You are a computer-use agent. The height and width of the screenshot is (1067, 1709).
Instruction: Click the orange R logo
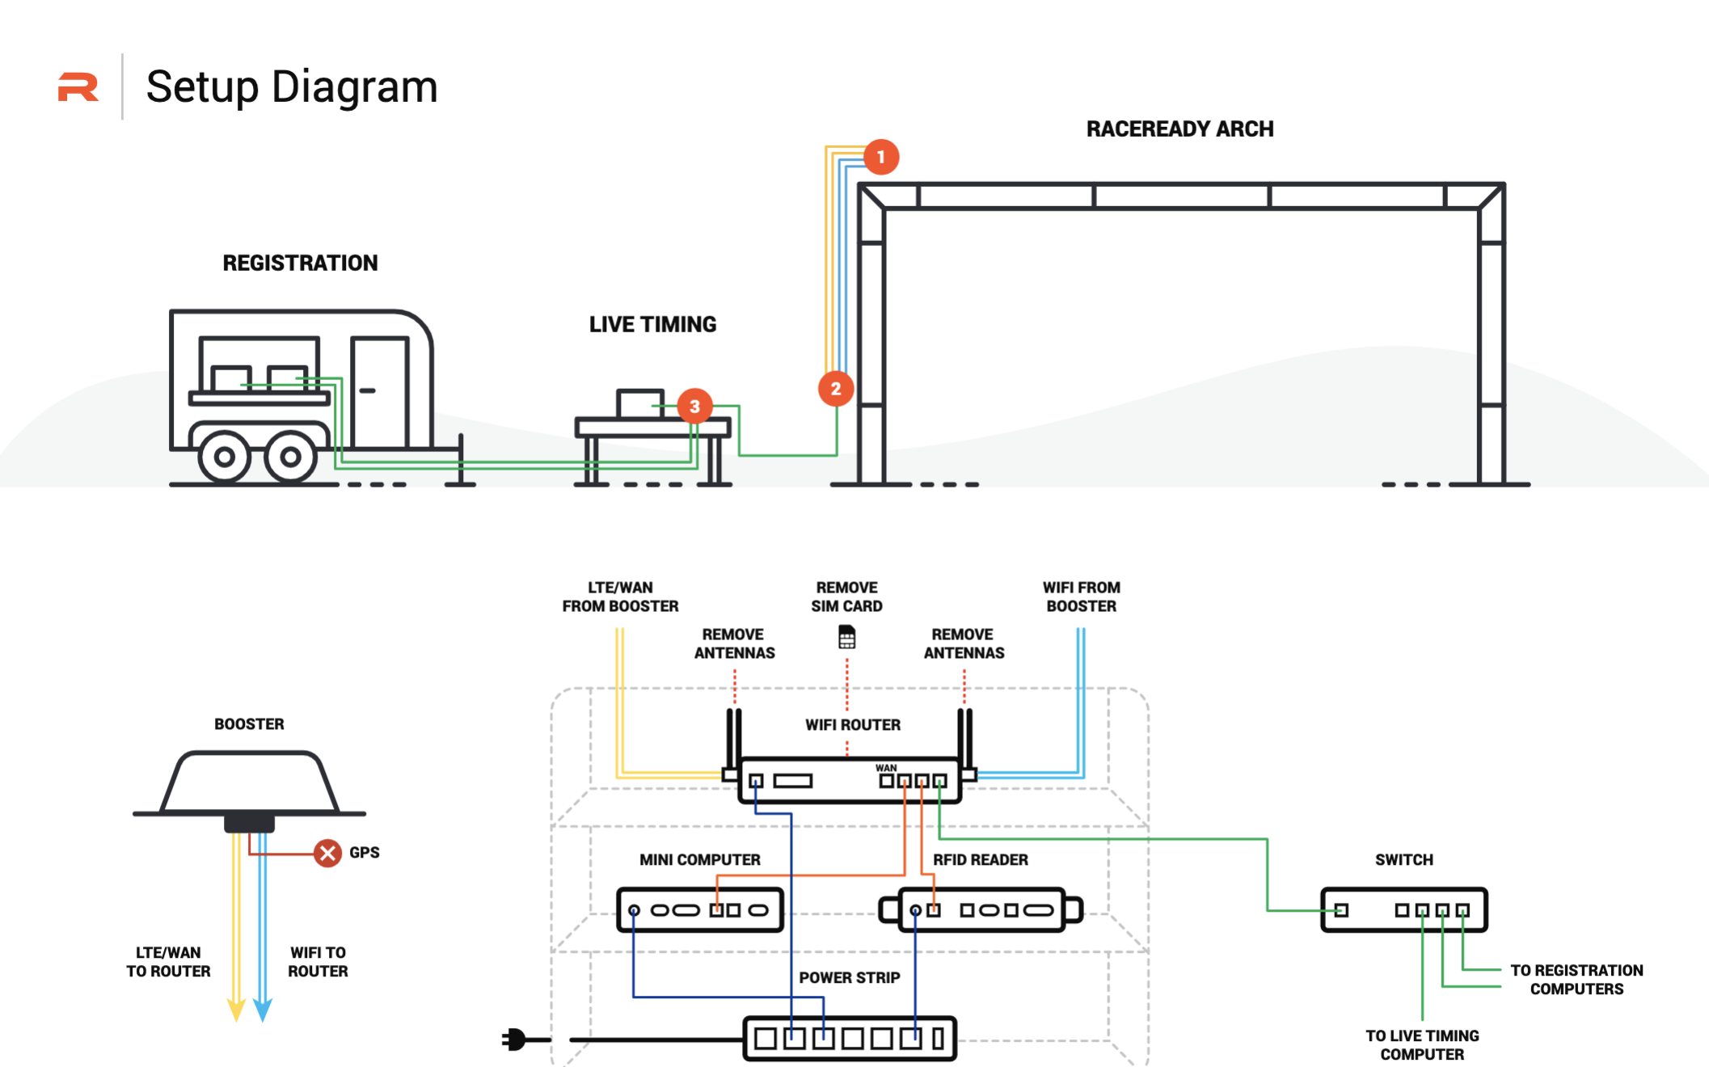78,87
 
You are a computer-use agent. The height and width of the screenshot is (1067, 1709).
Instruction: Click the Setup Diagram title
291,86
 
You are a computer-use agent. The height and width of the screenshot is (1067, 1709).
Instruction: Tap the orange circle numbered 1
880,157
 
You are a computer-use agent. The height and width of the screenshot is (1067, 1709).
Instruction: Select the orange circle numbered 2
836,389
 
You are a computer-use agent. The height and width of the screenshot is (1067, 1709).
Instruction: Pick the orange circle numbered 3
694,406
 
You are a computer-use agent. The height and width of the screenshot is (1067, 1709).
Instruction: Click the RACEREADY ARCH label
1179,129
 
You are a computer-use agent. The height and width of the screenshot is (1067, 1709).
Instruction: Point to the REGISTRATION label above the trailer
300,263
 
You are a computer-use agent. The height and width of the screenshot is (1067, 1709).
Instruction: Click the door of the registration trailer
378,392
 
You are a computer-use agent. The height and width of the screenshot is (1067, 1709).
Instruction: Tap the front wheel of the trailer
290,457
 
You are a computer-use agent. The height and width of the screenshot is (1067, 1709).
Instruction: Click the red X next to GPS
327,853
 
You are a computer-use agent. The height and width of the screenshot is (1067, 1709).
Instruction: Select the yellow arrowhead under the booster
236,1010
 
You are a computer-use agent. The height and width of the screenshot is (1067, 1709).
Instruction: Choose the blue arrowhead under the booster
263,1010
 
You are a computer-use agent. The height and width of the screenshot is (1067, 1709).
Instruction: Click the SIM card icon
846,637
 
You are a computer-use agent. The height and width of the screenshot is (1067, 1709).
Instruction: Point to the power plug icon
515,1039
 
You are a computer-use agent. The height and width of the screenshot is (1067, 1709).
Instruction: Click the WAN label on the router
886,768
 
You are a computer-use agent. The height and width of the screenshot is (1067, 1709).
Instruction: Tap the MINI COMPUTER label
699,860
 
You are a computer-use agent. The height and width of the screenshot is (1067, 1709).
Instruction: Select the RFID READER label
980,860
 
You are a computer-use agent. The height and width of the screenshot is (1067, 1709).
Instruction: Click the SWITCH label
1403,860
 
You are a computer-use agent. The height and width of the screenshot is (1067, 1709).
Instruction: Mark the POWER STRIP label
849,978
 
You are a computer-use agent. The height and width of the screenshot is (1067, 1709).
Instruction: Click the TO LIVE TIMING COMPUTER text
1422,1045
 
